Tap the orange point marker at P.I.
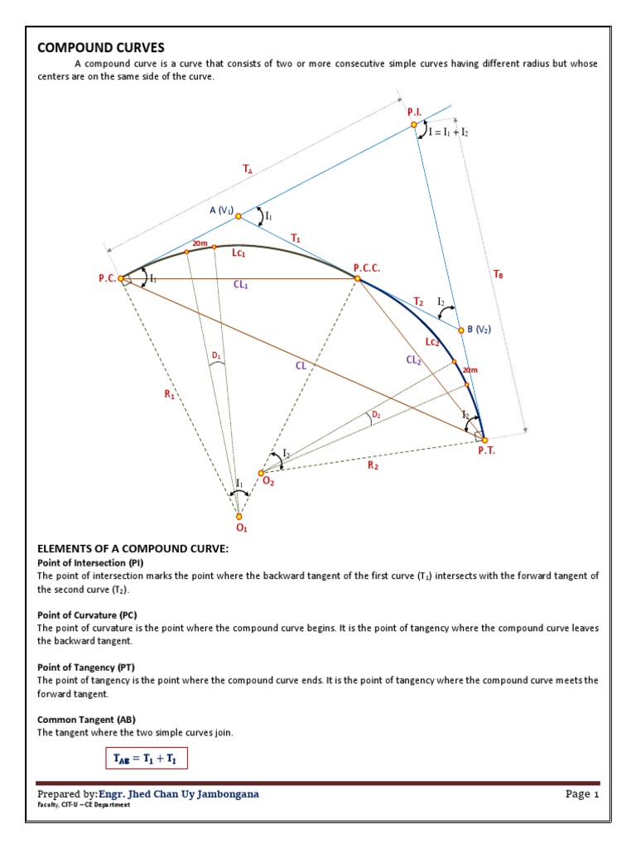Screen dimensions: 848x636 (x=414, y=125)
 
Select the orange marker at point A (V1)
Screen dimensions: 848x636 (x=238, y=216)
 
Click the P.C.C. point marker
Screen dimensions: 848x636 (x=358, y=279)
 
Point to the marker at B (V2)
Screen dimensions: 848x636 (x=460, y=330)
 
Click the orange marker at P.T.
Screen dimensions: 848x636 (x=484, y=440)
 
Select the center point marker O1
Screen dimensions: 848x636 (x=239, y=516)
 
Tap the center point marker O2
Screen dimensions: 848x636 (x=261, y=473)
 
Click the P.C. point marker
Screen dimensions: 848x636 (x=121, y=279)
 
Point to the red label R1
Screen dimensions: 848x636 (x=170, y=396)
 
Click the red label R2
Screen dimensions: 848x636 (x=373, y=466)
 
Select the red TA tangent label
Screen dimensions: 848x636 (x=247, y=169)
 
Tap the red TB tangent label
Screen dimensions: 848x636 (x=497, y=273)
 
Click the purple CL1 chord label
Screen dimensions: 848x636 (x=241, y=285)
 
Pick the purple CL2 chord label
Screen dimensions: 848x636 (x=414, y=359)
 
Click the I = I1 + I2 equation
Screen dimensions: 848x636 (x=449, y=132)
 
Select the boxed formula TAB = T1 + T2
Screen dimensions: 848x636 (x=146, y=758)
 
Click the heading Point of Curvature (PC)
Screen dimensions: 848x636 (x=87, y=614)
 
